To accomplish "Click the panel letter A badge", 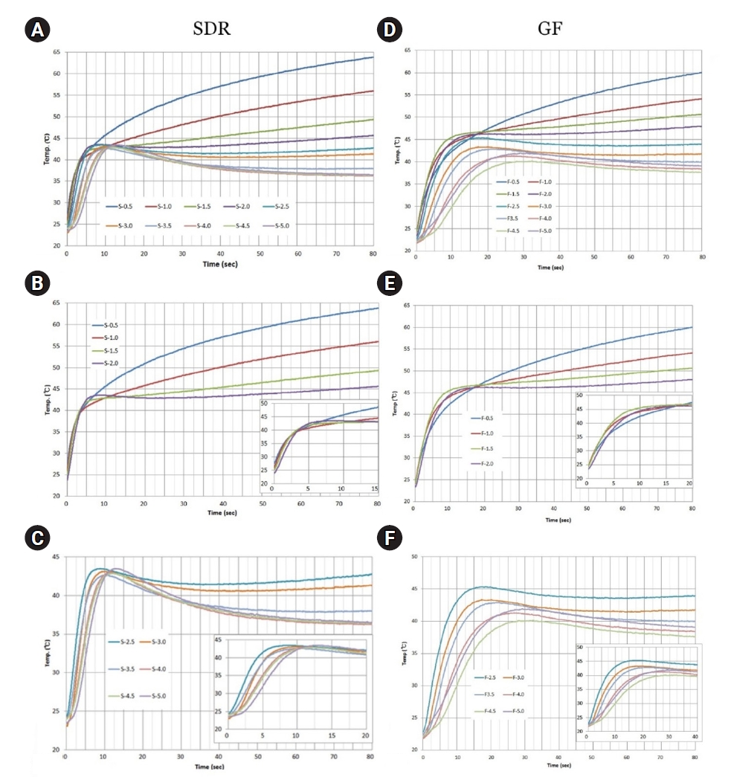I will (x=35, y=30).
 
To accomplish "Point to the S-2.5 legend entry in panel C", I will (x=123, y=642).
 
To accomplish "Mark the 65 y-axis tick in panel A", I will (x=57, y=52).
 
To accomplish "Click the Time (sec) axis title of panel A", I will (x=219, y=264).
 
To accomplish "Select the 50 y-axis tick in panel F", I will (x=412, y=556).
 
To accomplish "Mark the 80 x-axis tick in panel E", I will (x=692, y=509).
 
